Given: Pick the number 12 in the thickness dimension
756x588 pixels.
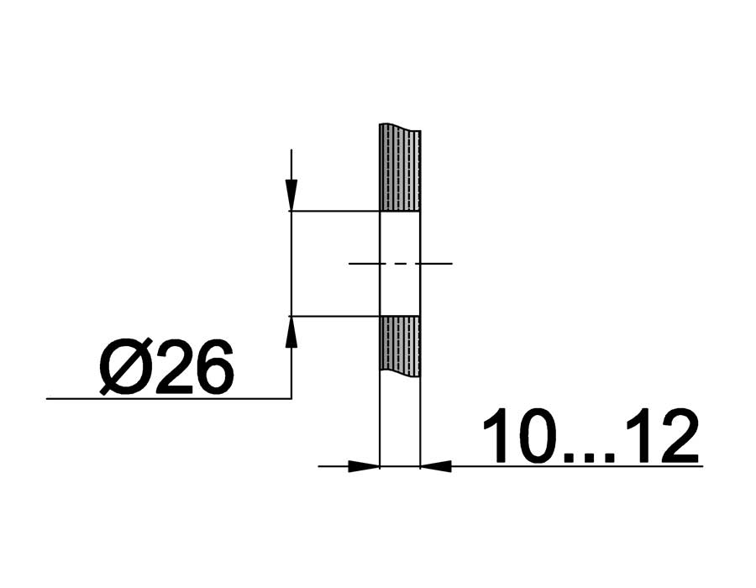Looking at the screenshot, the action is click(x=662, y=436).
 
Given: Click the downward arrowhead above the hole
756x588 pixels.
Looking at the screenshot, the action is click(x=291, y=195).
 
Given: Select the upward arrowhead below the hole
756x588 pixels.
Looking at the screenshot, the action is click(x=291, y=332).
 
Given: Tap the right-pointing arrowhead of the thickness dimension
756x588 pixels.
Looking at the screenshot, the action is click(x=364, y=466).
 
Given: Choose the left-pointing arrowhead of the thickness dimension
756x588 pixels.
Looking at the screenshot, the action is click(x=436, y=466).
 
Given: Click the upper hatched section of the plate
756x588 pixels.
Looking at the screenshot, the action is click(x=400, y=168).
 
